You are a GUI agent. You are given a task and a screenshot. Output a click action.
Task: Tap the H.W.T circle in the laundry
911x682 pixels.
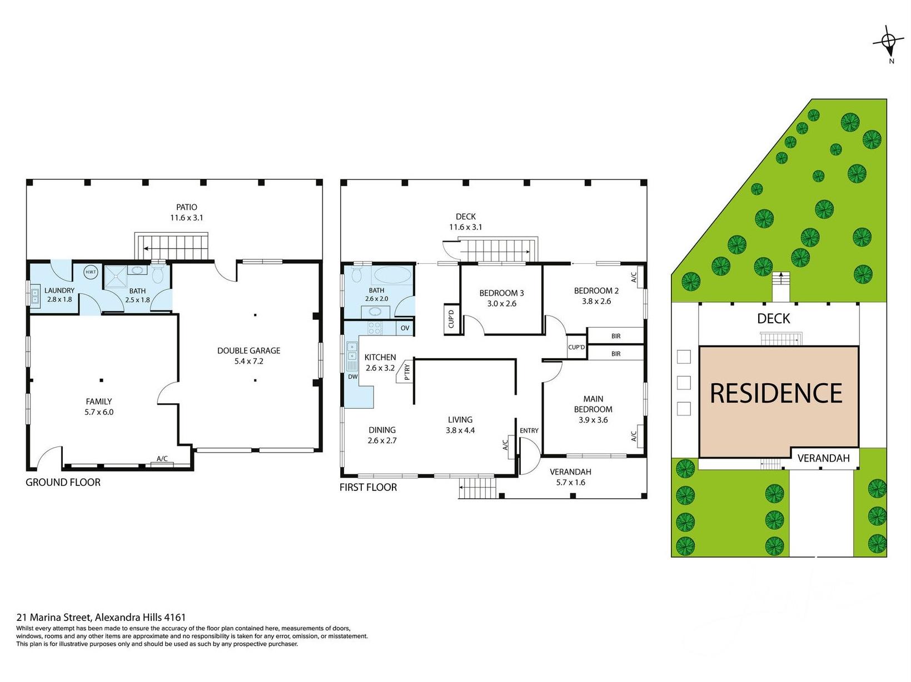pyautogui.click(x=91, y=272)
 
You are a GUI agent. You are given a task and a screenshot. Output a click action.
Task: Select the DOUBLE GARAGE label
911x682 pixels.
pyautogui.click(x=248, y=351)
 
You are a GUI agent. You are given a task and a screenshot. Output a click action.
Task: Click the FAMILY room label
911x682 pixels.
pyautogui.click(x=99, y=402)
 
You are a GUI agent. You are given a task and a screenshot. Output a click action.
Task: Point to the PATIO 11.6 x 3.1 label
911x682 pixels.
pyautogui.click(x=186, y=212)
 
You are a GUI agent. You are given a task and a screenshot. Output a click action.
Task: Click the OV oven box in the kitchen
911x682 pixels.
pyautogui.click(x=405, y=328)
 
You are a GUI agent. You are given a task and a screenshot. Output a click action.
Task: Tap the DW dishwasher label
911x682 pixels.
pyautogui.click(x=353, y=377)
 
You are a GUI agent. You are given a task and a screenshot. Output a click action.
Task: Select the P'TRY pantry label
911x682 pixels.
pyautogui.click(x=407, y=372)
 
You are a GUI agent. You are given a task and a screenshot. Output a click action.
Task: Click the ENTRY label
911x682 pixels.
pyautogui.click(x=529, y=431)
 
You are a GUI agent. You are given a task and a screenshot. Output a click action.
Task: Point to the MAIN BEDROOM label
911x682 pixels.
pyautogui.click(x=593, y=404)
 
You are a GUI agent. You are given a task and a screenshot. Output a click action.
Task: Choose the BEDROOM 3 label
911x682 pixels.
pyautogui.click(x=501, y=293)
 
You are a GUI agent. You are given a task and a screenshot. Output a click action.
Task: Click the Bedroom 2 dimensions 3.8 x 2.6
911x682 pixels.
pyautogui.click(x=596, y=302)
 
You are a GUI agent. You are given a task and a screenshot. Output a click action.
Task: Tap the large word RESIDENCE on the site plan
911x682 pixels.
pyautogui.click(x=776, y=393)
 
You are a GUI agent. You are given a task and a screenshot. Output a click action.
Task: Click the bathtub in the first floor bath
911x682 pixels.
pyautogui.click(x=392, y=274)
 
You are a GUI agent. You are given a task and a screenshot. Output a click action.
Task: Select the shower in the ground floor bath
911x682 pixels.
pyautogui.click(x=116, y=275)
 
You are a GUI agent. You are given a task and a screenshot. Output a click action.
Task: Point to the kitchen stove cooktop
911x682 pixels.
pyautogui.click(x=375, y=328)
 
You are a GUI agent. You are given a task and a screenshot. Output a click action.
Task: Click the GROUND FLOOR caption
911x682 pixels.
pyautogui.click(x=63, y=482)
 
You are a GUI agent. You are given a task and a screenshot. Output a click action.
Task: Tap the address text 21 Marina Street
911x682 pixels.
pyautogui.click(x=51, y=618)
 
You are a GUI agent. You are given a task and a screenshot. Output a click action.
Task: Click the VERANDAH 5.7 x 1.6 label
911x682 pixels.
pyautogui.click(x=570, y=477)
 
